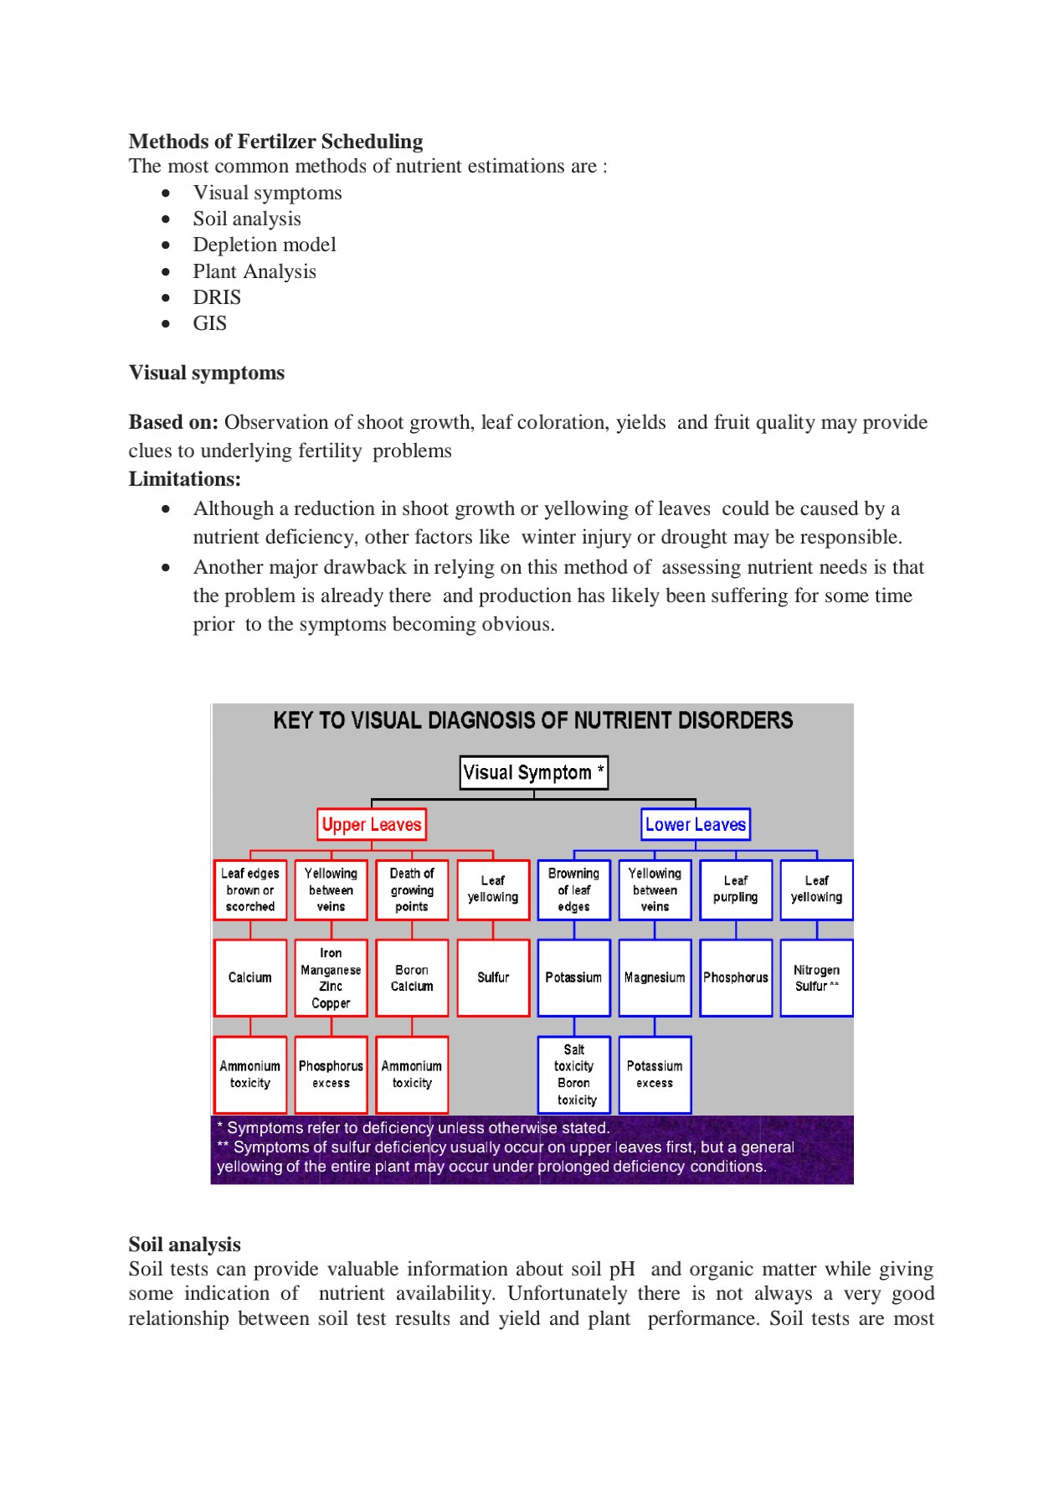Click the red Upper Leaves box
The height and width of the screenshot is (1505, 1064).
coord(372,824)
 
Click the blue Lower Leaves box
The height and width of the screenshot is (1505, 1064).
coord(695,824)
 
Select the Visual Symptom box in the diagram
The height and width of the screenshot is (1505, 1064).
coord(533,772)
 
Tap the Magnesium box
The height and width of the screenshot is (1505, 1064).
coord(655,977)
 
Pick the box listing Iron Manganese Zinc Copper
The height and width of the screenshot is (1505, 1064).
coord(331,977)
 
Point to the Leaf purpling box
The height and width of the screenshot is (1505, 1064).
coord(735,889)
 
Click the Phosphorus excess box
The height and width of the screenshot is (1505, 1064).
coord(331,1075)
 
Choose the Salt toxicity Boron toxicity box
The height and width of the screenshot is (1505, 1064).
coord(574,1075)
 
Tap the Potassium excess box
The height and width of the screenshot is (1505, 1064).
coord(655,1075)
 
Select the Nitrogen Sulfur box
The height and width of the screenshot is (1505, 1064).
coord(816,977)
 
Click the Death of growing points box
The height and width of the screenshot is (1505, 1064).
coord(412,889)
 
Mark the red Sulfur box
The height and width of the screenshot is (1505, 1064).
coord(493,977)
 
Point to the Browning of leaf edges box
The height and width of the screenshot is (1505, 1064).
coord(574,889)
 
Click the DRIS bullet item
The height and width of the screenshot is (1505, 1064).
coord(217,297)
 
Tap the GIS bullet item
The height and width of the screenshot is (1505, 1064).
coord(209,323)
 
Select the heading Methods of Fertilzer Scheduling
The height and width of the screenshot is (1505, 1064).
coord(275,142)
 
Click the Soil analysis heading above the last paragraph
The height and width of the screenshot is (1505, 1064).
coord(184,1245)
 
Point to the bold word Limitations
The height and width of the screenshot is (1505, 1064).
coord(184,479)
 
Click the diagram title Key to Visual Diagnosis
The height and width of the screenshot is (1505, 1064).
coord(532,720)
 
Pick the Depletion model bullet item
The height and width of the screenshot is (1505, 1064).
coord(265,245)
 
